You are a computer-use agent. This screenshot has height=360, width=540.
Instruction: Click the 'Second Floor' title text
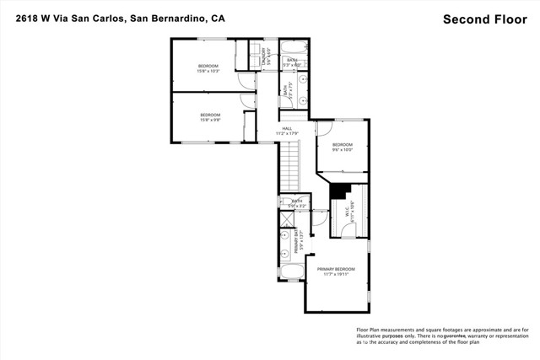click(486, 19)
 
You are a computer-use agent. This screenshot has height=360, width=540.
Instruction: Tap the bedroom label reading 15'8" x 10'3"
click(208, 68)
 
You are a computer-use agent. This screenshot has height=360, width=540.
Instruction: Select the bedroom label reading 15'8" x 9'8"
click(210, 117)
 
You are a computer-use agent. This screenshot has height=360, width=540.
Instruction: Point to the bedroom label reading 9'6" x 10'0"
click(342, 147)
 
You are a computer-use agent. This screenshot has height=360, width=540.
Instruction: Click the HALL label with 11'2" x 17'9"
click(287, 131)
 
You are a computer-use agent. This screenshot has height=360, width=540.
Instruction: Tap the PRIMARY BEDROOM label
click(336, 271)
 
